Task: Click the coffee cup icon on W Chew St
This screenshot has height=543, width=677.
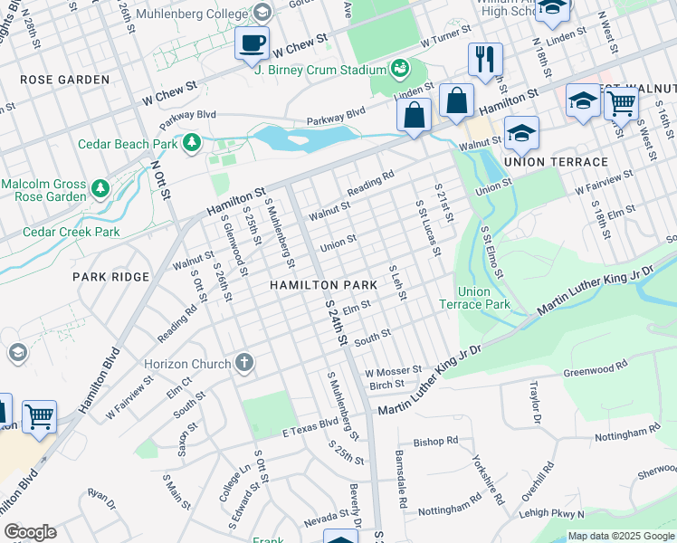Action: pos(253,43)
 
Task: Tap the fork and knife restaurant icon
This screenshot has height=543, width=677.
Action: pos(485,59)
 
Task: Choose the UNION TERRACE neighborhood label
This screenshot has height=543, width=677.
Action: pos(556,162)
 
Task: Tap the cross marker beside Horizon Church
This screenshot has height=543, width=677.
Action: pos(243,363)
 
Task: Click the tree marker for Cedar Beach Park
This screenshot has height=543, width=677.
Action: pos(191,143)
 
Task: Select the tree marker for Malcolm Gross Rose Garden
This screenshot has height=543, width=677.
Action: pos(101,188)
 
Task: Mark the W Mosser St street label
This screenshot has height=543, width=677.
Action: pos(393,370)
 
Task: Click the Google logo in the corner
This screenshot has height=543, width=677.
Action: pos(30,532)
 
